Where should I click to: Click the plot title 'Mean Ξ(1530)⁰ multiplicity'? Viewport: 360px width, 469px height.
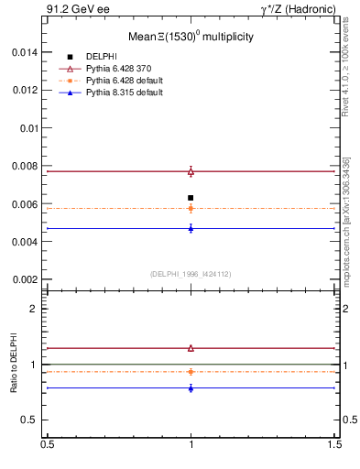191,38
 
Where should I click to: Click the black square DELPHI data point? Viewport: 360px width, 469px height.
191,198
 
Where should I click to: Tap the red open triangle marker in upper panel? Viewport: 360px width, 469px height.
191,171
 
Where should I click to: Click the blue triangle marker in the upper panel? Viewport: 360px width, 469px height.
191,228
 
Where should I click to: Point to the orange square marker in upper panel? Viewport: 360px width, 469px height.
191,208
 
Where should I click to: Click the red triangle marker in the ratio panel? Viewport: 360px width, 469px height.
191,348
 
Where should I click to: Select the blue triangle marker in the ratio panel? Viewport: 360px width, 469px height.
191,388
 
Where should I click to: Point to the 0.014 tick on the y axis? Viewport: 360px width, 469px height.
25,52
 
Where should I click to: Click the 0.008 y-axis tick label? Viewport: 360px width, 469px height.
25,166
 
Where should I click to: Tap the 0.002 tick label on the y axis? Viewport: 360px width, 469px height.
25,279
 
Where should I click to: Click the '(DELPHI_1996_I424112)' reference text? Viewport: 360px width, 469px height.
191,273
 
